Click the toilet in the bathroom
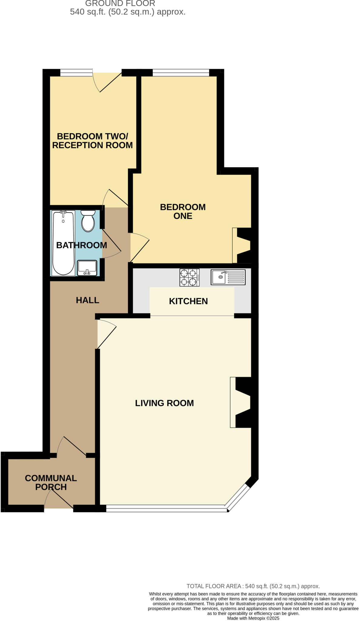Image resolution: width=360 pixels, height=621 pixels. click(88, 221)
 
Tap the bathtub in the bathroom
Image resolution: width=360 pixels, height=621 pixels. click(63, 243)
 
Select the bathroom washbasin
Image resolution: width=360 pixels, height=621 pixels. click(87, 268)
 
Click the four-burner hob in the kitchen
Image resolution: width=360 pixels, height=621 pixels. click(189, 277)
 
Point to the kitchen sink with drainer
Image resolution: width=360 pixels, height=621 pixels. click(228, 277)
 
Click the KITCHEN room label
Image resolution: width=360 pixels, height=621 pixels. click(188, 301)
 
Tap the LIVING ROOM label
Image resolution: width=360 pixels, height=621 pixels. click(164, 403)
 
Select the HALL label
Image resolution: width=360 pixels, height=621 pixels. click(87, 300)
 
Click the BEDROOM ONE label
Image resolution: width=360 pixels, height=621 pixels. click(183, 211)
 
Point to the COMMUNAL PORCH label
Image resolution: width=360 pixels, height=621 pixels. click(51, 482)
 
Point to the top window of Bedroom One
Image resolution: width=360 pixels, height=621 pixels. click(181, 72)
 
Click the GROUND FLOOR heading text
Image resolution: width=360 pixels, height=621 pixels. click(120, 3)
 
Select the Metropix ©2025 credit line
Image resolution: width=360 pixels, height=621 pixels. click(253, 618)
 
